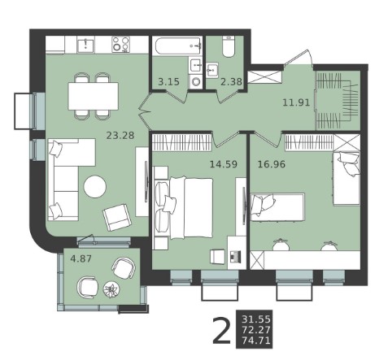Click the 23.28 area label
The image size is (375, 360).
[120, 135]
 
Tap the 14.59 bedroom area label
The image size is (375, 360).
[224, 164]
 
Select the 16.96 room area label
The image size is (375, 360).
[272, 164]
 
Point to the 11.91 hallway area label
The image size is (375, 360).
[296, 102]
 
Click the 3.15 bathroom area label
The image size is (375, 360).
[168, 81]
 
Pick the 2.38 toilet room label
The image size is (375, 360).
[231, 81]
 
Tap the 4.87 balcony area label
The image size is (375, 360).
[81, 258]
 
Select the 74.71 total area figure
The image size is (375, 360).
[256, 340]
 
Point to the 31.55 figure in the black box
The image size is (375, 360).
[256, 319]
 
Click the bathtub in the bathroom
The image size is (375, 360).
[177, 46]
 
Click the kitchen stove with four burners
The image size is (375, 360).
[120, 45]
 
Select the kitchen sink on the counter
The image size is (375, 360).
[85, 45]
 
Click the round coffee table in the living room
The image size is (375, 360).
[94, 187]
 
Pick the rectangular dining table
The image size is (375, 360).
[94, 96]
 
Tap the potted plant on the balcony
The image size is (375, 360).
[111, 290]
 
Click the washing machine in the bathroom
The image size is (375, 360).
[195, 81]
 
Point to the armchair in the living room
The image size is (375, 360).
[117, 218]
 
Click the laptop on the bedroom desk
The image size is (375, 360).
[235, 256]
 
